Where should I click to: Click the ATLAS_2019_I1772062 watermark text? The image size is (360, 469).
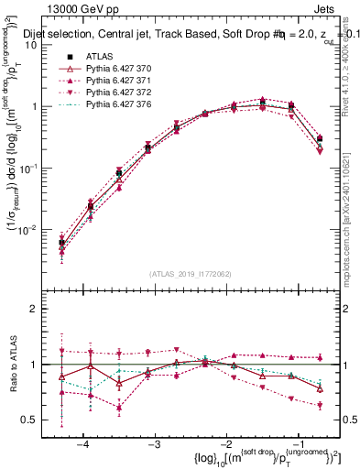pos(191,273)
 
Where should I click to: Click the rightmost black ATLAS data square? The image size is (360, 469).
pos(320,139)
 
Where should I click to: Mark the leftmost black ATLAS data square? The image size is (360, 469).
pos(61,243)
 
